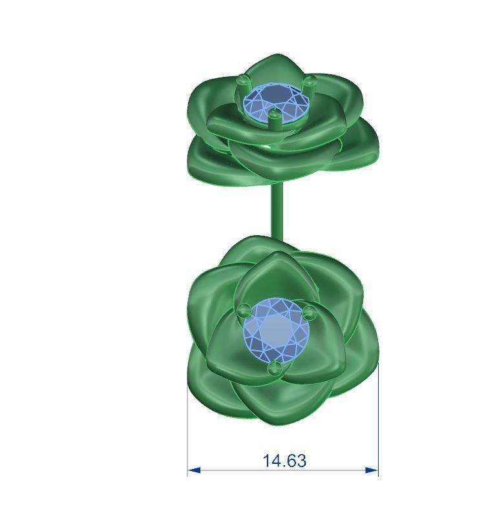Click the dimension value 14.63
pos(284,461)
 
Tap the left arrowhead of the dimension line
pos(193,470)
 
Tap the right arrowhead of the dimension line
pos(372,470)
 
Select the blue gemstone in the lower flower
pos(277,330)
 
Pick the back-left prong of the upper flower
pos(242,81)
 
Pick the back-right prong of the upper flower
pos(310,81)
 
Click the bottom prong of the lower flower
pos(275,368)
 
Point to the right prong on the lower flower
pos(310,313)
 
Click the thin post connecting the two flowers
pos(277,210)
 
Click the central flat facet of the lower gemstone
pos(277,329)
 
